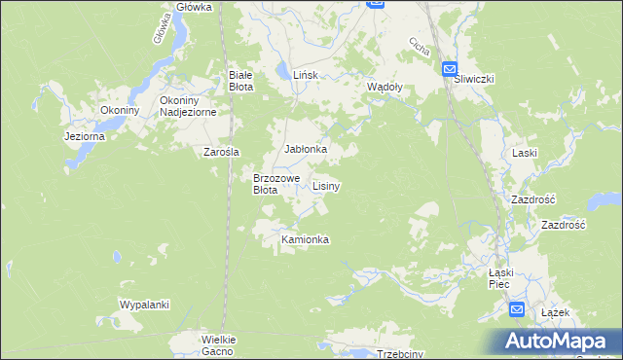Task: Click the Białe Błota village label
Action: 240,80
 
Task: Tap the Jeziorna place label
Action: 84,137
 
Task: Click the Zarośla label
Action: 221,151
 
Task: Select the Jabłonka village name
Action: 305,149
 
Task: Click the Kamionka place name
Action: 306,239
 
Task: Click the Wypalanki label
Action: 144,305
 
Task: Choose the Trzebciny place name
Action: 400,354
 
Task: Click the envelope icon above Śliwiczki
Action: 450,68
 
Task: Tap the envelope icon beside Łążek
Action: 518,310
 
